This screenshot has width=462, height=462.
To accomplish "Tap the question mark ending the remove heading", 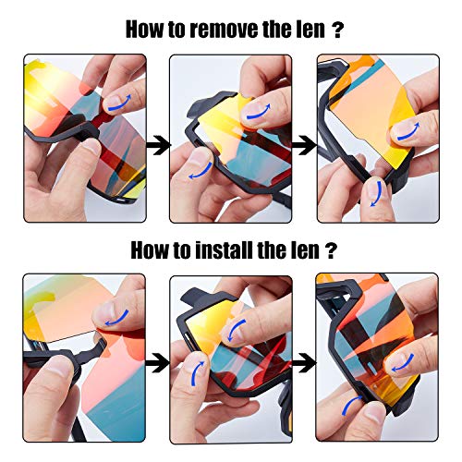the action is [x=337, y=30].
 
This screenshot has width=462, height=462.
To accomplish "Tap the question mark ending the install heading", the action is [x=331, y=250].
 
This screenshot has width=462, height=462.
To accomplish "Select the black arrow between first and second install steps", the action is [x=157, y=362].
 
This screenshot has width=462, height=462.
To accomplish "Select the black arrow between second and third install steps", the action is [x=304, y=362].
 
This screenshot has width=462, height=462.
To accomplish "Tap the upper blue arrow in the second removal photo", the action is [x=260, y=114].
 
